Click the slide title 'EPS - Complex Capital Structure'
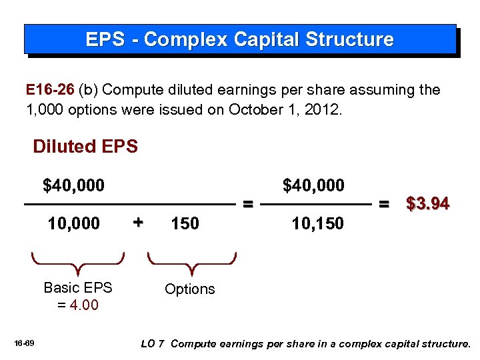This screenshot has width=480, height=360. tap(239, 39)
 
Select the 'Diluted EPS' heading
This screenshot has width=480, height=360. tap(85, 147)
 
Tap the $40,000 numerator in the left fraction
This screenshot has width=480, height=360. tap(73, 185)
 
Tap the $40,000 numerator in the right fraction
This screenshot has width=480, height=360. tap(313, 185)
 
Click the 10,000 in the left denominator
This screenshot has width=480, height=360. tap(73, 223)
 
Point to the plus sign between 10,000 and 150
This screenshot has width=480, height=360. tap(138, 222)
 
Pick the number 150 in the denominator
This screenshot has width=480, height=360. tap(185, 223)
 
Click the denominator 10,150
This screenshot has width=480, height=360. tap(317, 223)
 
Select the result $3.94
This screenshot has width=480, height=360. tap(428, 204)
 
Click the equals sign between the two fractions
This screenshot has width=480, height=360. tap(247, 204)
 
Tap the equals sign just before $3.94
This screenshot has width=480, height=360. tap(385, 204)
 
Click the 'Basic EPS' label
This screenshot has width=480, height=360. tap(78, 288)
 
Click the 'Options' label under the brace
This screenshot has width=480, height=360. tap(190, 289)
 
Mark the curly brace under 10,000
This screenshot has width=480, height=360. tap(79, 263)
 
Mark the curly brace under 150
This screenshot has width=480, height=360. tap(191, 263)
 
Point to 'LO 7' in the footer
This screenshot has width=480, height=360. tap(153, 344)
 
